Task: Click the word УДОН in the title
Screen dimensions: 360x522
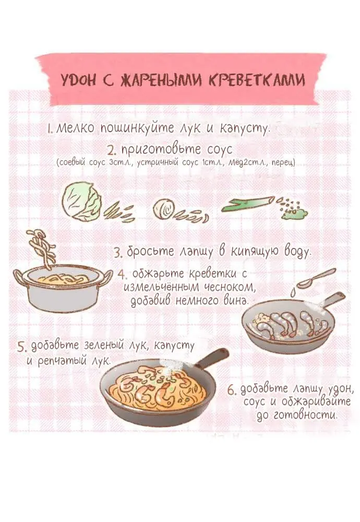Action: coord(78,80)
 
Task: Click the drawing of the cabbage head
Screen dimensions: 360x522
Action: coord(81,202)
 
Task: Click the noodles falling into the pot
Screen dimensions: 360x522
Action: coord(42,248)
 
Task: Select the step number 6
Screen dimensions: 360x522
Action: coord(232,389)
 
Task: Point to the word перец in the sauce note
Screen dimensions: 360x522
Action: coord(283,163)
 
